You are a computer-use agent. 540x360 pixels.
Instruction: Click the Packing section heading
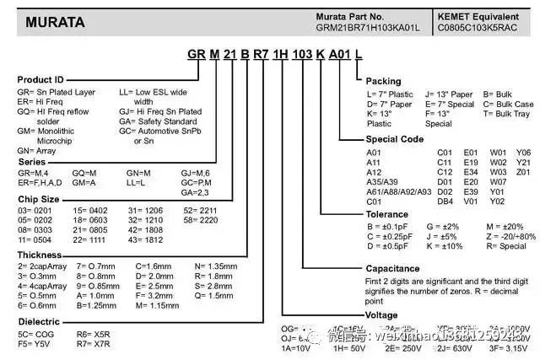point(384,81)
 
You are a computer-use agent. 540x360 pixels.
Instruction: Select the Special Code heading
point(395,139)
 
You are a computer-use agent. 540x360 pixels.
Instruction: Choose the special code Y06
point(523,153)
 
